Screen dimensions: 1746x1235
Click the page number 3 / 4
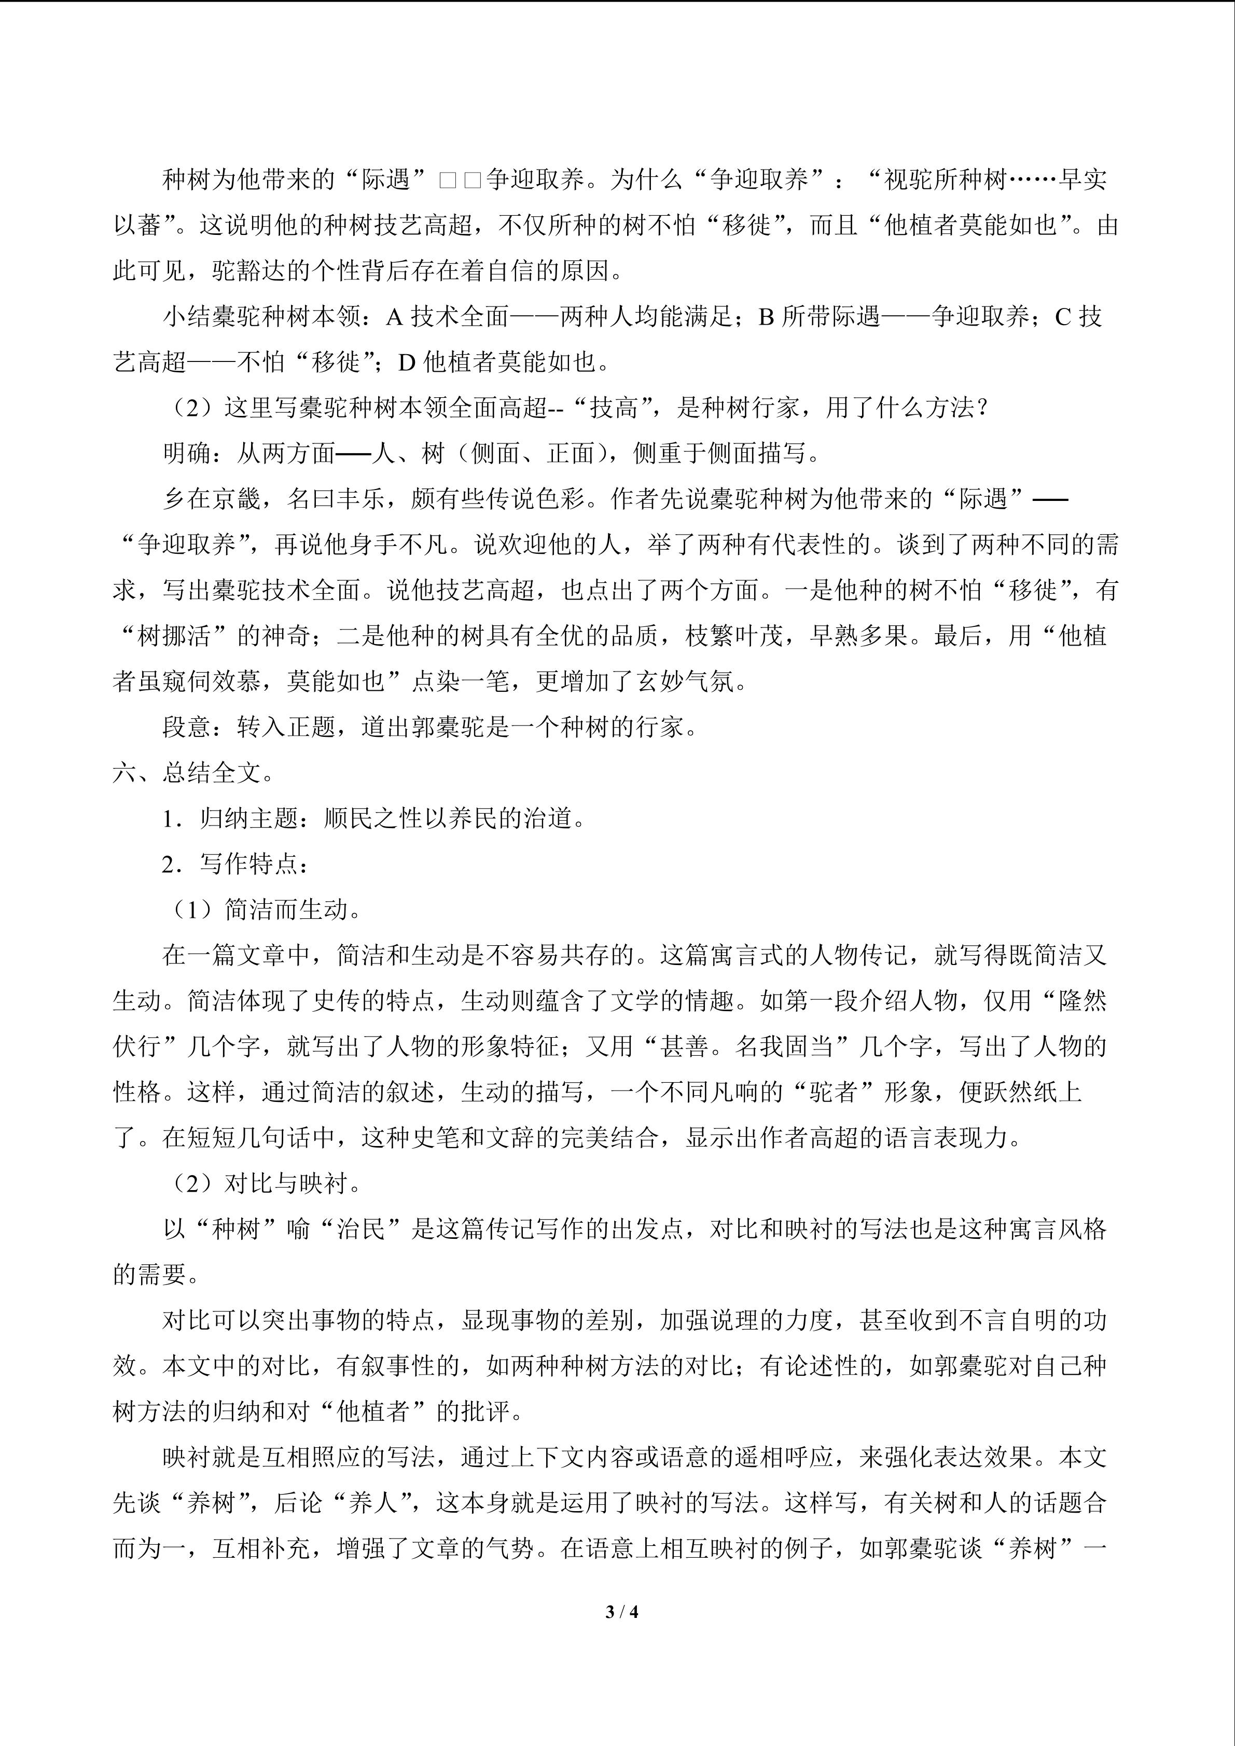point(621,1611)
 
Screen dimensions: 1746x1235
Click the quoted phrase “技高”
point(613,408)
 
